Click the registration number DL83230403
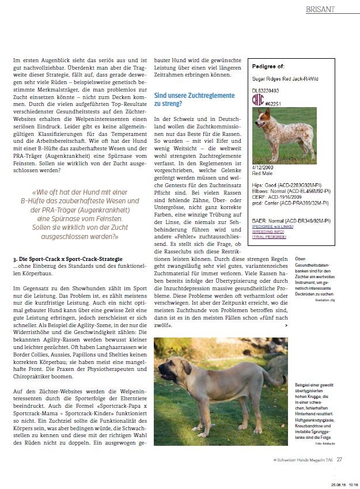click(266, 90)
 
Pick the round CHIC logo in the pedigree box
click(258, 100)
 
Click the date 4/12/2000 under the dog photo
click(263, 166)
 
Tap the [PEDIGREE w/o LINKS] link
click(274, 226)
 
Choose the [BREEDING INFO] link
click(268, 232)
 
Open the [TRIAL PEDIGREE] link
click(269, 237)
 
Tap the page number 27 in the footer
click(340, 459)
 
